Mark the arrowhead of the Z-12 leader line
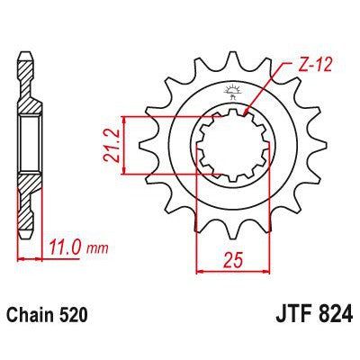(x=254, y=112)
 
